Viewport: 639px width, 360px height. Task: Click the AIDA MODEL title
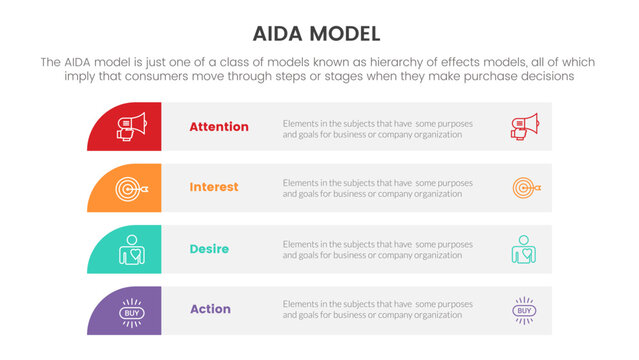click(319, 33)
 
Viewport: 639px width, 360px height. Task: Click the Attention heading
click(219, 127)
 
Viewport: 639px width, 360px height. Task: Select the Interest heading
click(214, 187)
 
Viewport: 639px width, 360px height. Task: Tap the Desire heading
click(211, 248)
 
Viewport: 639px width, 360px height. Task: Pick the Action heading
click(210, 309)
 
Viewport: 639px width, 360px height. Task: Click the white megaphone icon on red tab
click(132, 127)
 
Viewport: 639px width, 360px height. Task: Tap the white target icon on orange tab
click(132, 187)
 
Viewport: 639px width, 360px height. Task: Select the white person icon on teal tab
click(130, 248)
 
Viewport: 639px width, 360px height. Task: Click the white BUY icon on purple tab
click(130, 312)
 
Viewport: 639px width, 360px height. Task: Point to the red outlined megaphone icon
click(524, 127)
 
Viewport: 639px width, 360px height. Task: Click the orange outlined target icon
click(525, 187)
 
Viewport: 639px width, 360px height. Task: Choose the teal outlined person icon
click(523, 248)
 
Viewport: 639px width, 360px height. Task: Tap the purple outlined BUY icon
click(524, 311)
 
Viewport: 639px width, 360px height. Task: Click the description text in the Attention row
click(378, 128)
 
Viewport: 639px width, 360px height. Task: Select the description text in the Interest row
click(378, 188)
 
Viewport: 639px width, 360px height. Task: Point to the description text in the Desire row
click(378, 249)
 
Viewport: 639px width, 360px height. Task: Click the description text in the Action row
click(378, 309)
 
